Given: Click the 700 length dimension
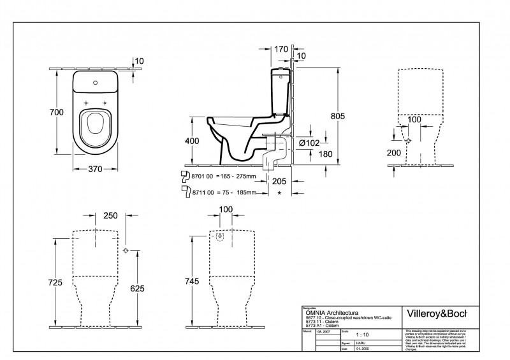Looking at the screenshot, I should (x=57, y=112).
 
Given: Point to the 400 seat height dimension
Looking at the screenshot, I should (x=193, y=141).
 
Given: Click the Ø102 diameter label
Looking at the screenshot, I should (x=309, y=143).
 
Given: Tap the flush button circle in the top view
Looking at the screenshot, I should (x=95, y=81).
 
